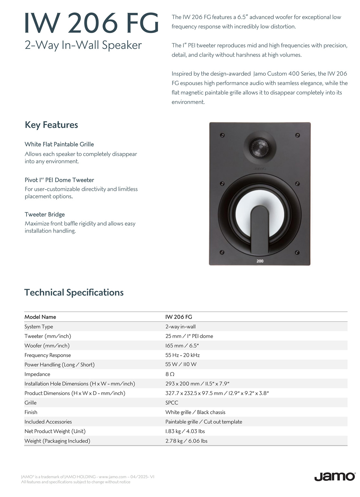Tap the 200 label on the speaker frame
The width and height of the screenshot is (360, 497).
[x=260, y=261]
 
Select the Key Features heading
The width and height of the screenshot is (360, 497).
[x=51, y=125]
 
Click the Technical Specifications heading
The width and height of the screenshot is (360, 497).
[x=74, y=292]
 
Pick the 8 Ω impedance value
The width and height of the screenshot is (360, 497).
[x=170, y=374]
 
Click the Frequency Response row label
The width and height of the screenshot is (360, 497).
[x=48, y=355]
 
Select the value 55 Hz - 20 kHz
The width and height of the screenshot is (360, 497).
[x=183, y=355]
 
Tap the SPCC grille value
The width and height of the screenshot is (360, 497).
[x=172, y=403]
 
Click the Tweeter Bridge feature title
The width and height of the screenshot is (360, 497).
[x=45, y=214]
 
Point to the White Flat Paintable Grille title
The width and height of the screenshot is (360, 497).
[x=59, y=144]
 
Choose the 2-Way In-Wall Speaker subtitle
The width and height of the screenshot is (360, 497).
[x=83, y=45]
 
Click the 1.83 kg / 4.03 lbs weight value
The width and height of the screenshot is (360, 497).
[x=185, y=431]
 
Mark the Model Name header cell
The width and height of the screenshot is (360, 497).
[x=40, y=317]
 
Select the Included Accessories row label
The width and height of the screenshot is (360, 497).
[x=48, y=422]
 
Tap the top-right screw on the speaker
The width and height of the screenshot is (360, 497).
[x=297, y=135]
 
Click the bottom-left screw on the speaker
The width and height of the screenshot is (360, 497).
[x=222, y=252]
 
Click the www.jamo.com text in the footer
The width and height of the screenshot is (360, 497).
[x=112, y=477]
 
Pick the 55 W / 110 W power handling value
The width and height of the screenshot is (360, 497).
[x=181, y=364]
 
